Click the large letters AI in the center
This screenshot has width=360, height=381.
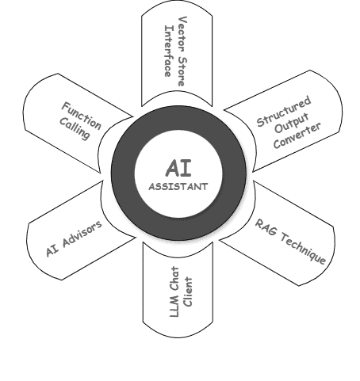click(x=178, y=168)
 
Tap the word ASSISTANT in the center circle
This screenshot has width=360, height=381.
click(x=178, y=187)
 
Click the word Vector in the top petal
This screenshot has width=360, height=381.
click(x=183, y=32)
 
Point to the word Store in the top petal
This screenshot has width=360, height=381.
click(x=182, y=71)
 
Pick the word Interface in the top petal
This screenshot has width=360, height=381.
click(x=169, y=51)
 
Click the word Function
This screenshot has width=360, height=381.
click(x=82, y=116)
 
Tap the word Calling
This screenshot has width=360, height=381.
click(x=75, y=129)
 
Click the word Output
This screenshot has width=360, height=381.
click(x=292, y=123)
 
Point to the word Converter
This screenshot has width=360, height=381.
click(x=297, y=135)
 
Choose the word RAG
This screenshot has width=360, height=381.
click(x=266, y=227)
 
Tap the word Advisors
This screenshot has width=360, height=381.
click(x=82, y=234)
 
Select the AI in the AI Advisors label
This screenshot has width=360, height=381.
click(x=52, y=250)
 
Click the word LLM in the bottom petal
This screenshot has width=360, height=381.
click(x=174, y=307)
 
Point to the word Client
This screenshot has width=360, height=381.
click(x=188, y=291)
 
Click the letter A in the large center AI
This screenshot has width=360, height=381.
click(x=173, y=168)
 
